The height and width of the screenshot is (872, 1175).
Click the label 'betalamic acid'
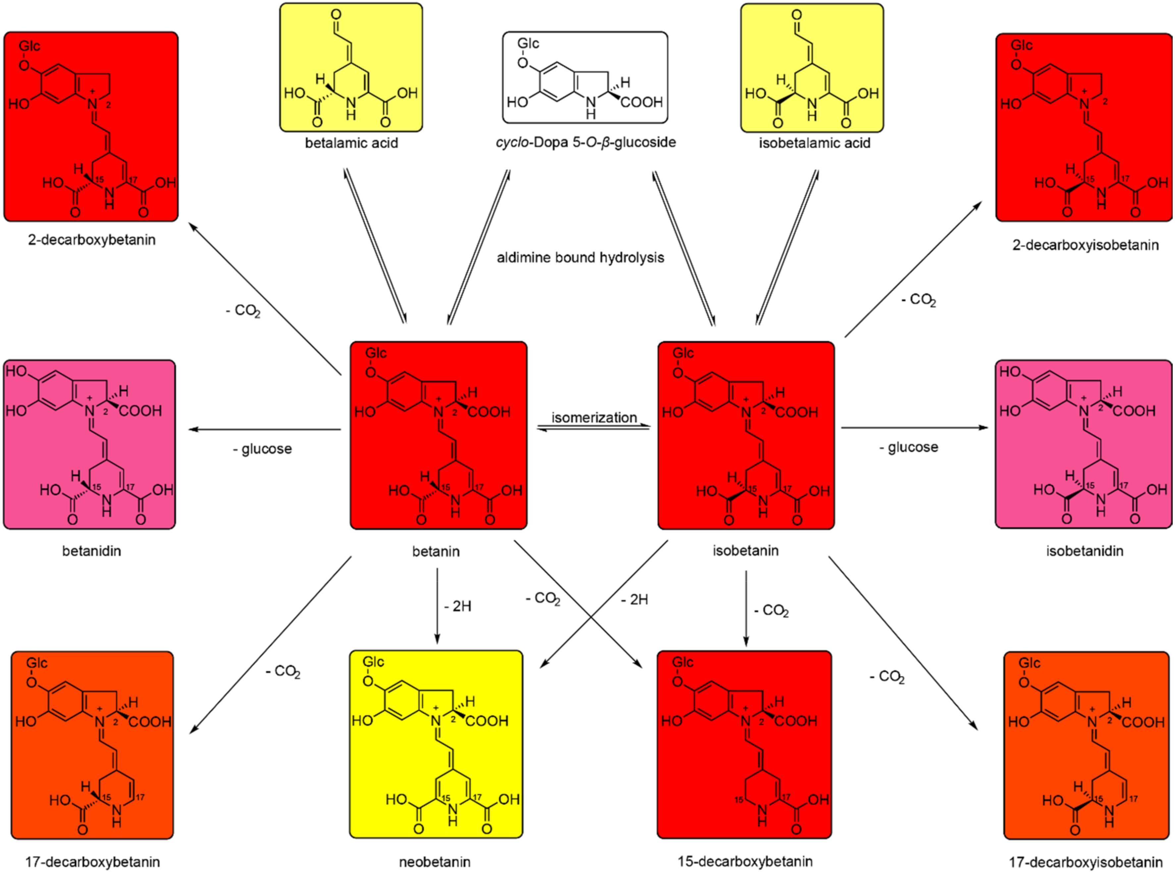(x=351, y=143)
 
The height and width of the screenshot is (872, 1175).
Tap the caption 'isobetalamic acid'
(x=815, y=143)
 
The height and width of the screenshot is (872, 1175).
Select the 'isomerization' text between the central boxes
(x=594, y=417)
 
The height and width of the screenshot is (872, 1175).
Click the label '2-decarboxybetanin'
(x=92, y=240)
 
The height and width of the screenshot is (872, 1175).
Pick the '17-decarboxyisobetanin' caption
(x=1085, y=862)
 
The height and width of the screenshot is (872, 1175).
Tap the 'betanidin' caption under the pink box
(x=91, y=551)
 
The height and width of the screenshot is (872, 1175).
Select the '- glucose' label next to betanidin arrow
(x=262, y=449)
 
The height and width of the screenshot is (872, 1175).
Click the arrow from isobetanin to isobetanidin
(x=913, y=428)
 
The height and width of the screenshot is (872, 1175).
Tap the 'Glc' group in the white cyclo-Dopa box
(x=528, y=44)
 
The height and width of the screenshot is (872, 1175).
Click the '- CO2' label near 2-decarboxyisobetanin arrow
(x=919, y=300)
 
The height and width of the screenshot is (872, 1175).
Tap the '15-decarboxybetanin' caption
(x=744, y=862)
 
